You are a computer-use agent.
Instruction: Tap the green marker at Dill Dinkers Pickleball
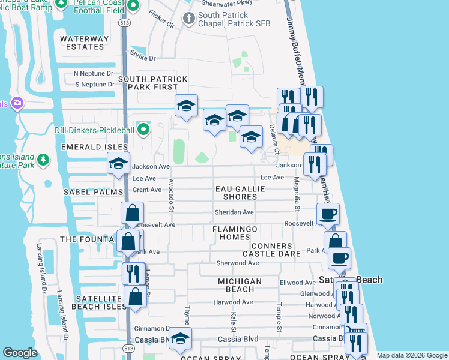tap(143, 128)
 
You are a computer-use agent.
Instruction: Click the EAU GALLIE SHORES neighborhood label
tap(240, 193)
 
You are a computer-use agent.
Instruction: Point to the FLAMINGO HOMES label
tap(235, 233)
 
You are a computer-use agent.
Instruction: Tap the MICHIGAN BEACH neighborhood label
tap(240, 285)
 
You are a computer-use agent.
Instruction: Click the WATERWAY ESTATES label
tap(85, 43)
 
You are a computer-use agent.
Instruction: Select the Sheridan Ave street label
tap(235, 212)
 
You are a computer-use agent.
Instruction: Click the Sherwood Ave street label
tap(237, 263)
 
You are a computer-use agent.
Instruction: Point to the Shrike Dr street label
tap(143, 58)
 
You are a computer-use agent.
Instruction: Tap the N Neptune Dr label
tap(93, 73)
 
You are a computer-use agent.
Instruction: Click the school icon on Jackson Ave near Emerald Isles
tap(118, 163)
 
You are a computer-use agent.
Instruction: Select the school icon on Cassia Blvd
tap(179, 339)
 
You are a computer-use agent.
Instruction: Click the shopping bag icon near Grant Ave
tap(132, 213)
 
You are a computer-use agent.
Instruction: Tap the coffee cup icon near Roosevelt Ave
tap(328, 214)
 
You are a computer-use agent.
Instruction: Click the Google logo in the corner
tap(20, 353)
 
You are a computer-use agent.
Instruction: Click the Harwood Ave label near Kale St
tap(235, 302)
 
